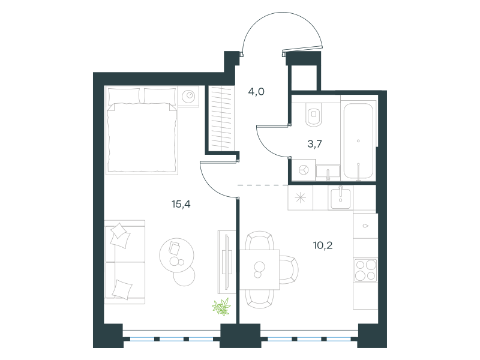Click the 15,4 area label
tap(181, 204)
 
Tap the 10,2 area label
tap(323, 245)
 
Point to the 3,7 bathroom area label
tap(314, 143)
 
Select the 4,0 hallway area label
tap(256, 91)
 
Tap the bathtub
tap(358, 141)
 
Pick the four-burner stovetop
tap(365, 270)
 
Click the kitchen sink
tap(340, 199)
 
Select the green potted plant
tap(221, 307)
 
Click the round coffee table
tap(176, 256)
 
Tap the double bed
tap(141, 130)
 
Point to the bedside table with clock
tap(188, 97)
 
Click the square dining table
tap(259, 269)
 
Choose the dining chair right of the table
tap(289, 269)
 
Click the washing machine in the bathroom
tap(304, 170)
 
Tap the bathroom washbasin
tap(328, 172)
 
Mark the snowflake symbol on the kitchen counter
tap(301, 198)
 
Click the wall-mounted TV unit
tap(227, 262)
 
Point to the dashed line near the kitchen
tap(263, 185)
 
